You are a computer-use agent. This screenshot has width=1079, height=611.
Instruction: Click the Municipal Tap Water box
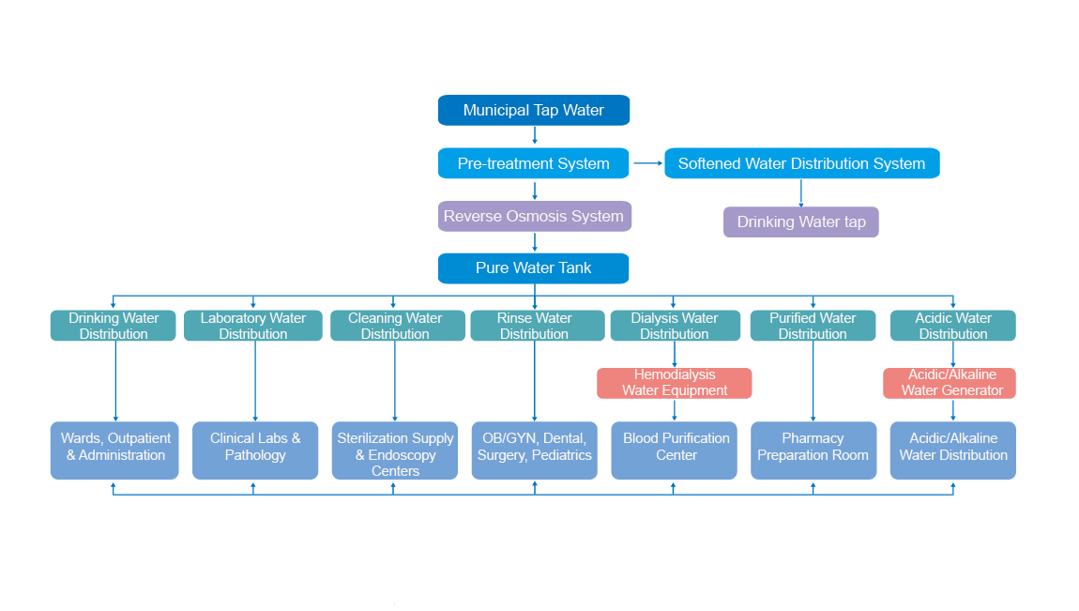tap(533, 110)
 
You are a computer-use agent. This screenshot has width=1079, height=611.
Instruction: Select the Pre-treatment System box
tap(533, 163)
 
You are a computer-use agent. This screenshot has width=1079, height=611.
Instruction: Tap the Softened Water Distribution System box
tap(801, 163)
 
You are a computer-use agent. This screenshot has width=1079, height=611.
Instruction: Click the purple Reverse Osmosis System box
tap(534, 216)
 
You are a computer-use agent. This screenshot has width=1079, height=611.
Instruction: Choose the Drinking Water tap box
tap(800, 222)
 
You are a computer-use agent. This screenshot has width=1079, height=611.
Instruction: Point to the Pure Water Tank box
tap(533, 268)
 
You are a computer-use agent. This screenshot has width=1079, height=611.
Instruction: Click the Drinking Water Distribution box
tap(113, 326)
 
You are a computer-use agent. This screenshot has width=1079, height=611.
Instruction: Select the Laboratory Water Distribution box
tap(252, 326)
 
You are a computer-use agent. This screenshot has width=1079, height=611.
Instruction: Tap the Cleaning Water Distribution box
tap(395, 326)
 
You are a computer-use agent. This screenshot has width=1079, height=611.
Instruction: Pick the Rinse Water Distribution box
tap(534, 326)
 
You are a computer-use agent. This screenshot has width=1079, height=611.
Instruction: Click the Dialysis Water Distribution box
tap(674, 326)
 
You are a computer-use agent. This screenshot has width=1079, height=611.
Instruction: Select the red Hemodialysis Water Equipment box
tap(674, 383)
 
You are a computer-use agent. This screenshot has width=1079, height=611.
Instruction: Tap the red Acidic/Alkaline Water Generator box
tap(952, 383)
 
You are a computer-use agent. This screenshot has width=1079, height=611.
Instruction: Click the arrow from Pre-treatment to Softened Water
tap(647, 163)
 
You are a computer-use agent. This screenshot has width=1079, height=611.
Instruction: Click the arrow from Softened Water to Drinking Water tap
tap(800, 192)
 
